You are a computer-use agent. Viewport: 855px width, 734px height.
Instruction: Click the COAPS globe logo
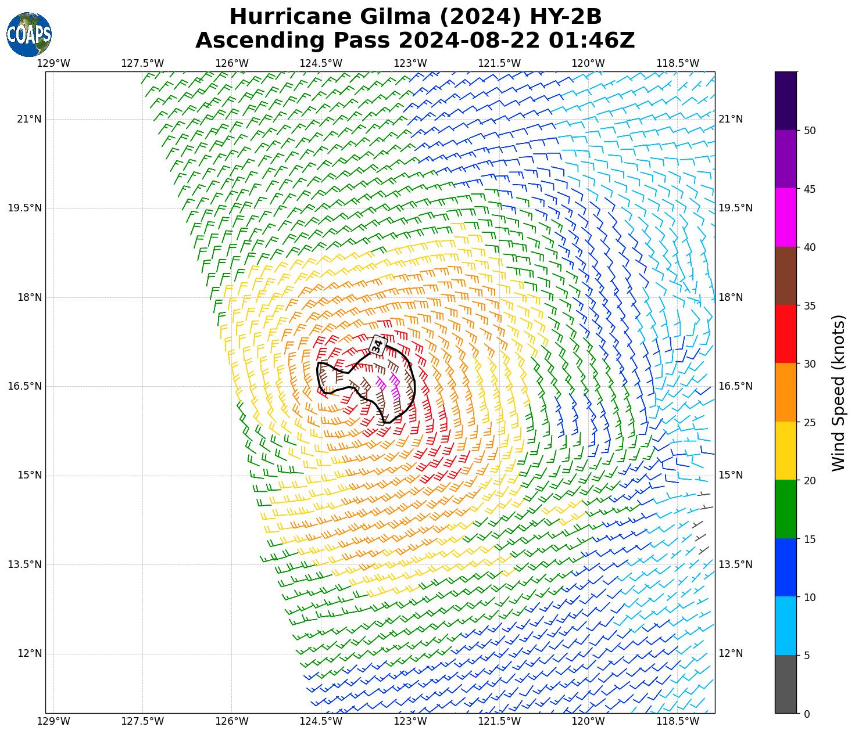[x=29, y=34]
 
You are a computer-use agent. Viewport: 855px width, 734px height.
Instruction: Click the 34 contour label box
[x=378, y=346]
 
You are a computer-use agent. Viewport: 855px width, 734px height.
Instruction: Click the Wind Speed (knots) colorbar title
[x=838, y=393]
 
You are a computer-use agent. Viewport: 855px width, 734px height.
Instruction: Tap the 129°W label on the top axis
[x=53, y=63]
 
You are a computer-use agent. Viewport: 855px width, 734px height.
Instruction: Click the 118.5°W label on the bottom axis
[x=678, y=722]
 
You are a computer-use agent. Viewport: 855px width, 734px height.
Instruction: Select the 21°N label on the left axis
[x=29, y=120]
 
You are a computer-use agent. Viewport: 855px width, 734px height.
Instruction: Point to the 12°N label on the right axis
[x=731, y=653]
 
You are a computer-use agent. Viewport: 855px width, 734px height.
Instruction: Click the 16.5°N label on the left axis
[x=24, y=386]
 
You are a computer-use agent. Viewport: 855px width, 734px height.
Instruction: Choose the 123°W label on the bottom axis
[x=410, y=722]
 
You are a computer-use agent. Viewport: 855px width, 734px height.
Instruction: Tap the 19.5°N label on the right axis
[x=736, y=208]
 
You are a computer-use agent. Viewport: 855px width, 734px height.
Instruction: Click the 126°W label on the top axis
[x=232, y=63]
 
